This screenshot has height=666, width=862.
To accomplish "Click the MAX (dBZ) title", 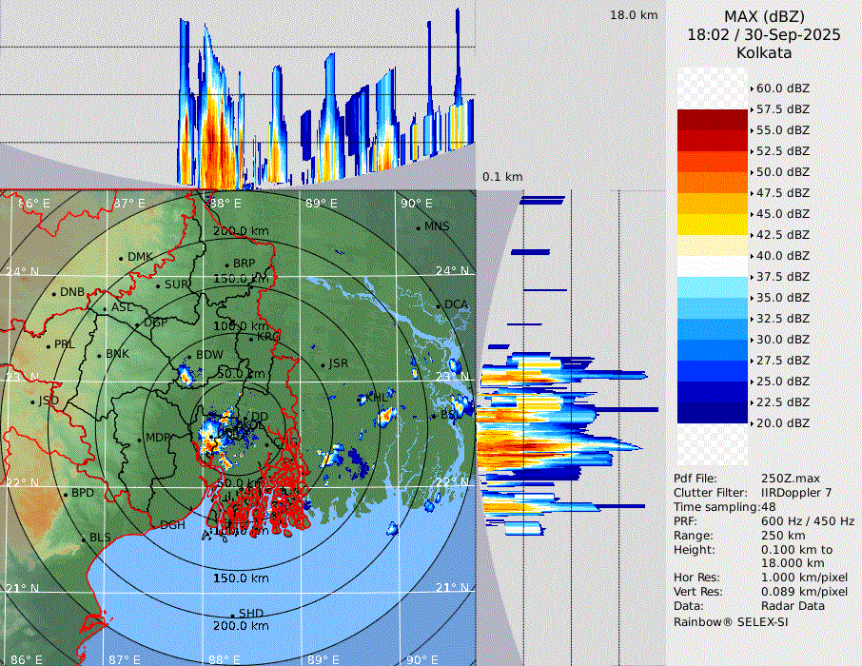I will [x=764, y=16].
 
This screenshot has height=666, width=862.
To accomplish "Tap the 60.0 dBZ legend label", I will [x=783, y=88].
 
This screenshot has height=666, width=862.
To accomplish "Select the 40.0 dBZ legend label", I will [x=783, y=255].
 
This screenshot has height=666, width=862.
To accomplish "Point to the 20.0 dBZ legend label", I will [x=783, y=422].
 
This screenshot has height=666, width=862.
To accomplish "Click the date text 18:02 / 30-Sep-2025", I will [x=764, y=34].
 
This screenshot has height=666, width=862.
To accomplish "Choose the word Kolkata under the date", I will [x=764, y=52].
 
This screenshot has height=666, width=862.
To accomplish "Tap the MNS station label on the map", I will [x=436, y=226].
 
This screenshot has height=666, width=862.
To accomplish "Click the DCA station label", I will [x=457, y=304].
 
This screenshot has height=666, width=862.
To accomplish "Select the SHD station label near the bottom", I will [x=250, y=614].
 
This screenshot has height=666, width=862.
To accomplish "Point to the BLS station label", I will [x=100, y=538].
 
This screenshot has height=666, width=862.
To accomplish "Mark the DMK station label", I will [x=140, y=257].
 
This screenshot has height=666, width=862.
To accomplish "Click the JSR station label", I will [x=339, y=363].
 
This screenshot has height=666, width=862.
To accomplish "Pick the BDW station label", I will [x=208, y=356].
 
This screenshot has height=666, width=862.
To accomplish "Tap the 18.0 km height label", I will [x=634, y=15].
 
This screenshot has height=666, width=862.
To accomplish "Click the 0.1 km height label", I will [x=502, y=177].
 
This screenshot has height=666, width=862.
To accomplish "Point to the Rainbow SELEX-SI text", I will [x=731, y=622].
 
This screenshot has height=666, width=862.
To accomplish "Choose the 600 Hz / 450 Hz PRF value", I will [x=808, y=521].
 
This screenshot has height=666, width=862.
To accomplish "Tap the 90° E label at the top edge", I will [x=416, y=203].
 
